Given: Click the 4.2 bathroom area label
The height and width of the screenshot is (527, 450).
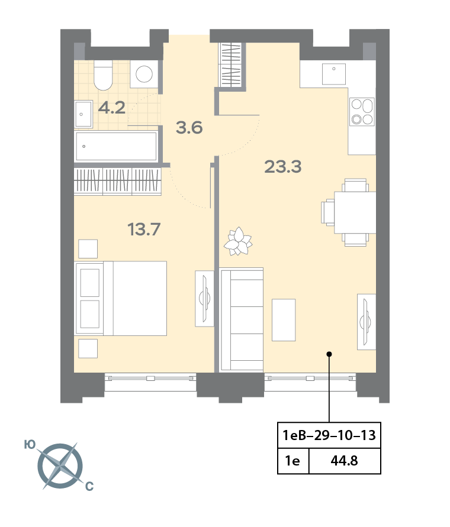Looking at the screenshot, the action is [x=112, y=108].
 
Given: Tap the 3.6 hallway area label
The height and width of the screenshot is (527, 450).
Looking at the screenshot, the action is [x=189, y=128].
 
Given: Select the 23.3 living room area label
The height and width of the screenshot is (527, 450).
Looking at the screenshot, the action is [x=282, y=166].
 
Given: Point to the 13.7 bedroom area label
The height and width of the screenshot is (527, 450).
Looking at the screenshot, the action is [x=144, y=229].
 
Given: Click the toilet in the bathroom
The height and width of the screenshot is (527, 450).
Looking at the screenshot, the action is [x=103, y=75].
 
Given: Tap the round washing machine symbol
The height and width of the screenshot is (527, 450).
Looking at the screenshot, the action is [x=144, y=74].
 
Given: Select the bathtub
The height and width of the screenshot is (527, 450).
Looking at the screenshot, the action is [x=116, y=146].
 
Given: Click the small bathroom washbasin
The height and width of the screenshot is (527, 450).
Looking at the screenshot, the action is [x=83, y=114].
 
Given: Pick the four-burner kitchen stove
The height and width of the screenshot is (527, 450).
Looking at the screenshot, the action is [x=362, y=112].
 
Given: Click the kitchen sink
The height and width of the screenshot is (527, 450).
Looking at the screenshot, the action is [x=334, y=74].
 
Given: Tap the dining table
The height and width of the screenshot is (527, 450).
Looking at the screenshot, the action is [x=355, y=212].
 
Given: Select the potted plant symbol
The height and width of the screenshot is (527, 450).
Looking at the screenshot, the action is [x=238, y=241].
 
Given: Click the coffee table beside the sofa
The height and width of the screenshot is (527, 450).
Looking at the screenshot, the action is [x=284, y=320].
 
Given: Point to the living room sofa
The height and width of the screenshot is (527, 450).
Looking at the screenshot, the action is [x=242, y=320].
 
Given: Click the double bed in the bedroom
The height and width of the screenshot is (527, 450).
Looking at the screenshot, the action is [x=121, y=299].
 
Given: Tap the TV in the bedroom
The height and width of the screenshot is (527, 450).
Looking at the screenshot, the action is [x=205, y=299].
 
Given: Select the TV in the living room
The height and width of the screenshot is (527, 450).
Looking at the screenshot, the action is [x=366, y=322].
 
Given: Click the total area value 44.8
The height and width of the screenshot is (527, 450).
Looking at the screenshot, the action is [x=345, y=461].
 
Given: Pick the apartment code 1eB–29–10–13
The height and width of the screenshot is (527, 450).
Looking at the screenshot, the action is [x=329, y=435].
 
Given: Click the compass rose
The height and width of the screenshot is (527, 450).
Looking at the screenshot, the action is [x=60, y=466].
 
